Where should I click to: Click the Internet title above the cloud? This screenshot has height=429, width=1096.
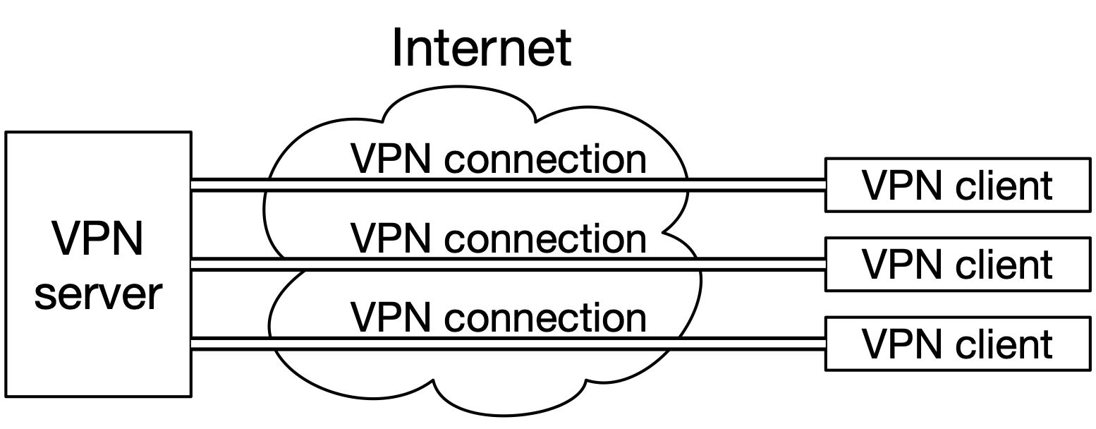481,48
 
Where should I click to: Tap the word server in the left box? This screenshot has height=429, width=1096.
99,295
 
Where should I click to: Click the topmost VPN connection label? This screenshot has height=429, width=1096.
499,159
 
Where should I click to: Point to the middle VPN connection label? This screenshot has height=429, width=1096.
499,238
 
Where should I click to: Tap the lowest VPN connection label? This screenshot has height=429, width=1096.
499,318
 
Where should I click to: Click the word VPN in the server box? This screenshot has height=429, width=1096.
99,240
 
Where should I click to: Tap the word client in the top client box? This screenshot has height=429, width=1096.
1004,186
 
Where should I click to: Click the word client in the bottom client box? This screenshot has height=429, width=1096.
1004,345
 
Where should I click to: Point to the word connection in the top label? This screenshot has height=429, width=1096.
545,161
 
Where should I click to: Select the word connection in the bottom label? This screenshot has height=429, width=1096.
545,319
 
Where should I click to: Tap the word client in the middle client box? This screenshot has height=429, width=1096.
1004,265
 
